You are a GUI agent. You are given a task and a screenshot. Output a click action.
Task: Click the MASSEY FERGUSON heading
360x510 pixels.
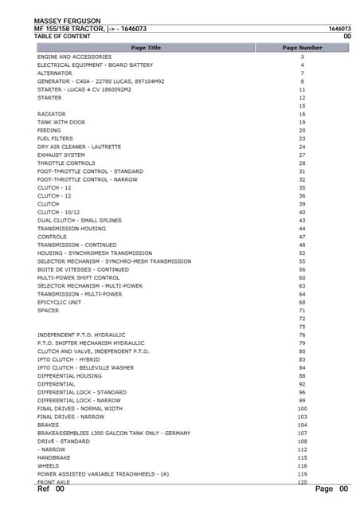(67, 19)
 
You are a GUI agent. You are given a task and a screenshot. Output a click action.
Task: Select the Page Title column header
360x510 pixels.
(145, 48)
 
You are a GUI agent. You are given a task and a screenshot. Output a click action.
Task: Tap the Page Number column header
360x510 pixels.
(303, 48)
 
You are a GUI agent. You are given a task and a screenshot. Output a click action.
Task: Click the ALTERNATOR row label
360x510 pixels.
(54, 73)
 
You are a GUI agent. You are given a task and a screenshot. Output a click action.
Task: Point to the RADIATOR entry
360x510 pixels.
(51, 114)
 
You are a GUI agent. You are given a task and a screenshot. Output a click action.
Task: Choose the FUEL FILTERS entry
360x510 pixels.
(54, 139)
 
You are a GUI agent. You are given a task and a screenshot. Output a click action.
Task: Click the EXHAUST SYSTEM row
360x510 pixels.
(61, 155)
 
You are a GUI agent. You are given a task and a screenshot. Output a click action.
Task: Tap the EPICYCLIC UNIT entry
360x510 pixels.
(59, 302)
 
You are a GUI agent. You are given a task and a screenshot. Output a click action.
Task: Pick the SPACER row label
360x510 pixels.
(48, 310)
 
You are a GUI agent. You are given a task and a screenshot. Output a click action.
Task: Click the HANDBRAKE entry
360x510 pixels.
(54, 457)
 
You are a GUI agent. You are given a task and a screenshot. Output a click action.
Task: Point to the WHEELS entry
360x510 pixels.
(49, 465)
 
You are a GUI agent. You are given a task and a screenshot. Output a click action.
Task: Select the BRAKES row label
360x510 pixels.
(48, 425)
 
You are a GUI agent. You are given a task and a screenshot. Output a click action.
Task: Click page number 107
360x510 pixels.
(303, 433)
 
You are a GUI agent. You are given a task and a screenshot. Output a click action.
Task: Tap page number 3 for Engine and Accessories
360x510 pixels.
(303, 57)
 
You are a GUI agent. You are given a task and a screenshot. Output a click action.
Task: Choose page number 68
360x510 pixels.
(303, 302)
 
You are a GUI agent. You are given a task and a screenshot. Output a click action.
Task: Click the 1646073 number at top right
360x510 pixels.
(339, 29)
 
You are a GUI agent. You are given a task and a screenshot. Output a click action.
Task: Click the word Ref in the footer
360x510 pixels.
(44, 488)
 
